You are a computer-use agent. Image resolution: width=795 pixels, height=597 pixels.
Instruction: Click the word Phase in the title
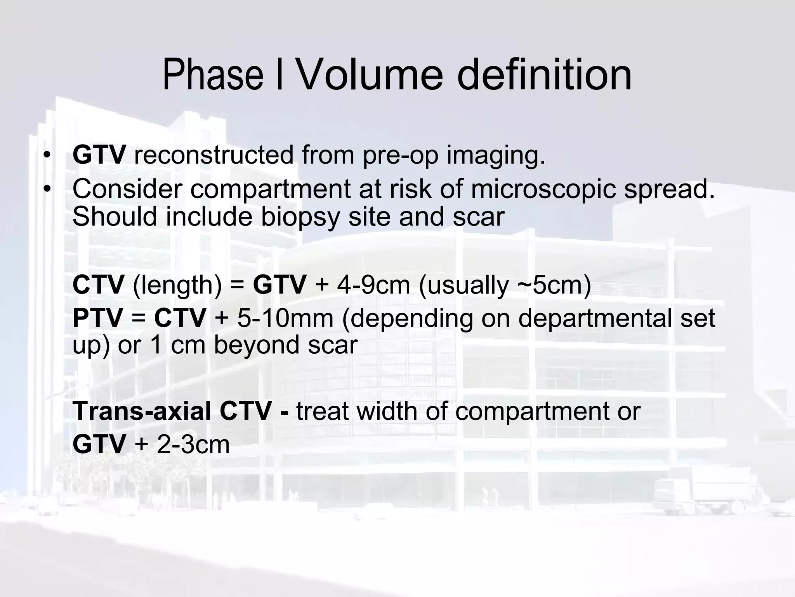[x=213, y=74]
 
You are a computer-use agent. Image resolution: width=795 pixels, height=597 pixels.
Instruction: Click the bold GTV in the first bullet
[x=99, y=155]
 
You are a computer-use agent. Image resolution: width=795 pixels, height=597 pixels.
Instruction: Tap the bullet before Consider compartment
[x=47, y=189]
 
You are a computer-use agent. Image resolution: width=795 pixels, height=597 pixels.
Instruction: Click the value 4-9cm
[x=373, y=285]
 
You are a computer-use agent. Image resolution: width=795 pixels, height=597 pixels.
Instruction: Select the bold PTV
[x=98, y=318]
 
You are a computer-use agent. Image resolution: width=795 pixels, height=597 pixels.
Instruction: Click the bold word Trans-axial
[x=142, y=411]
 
